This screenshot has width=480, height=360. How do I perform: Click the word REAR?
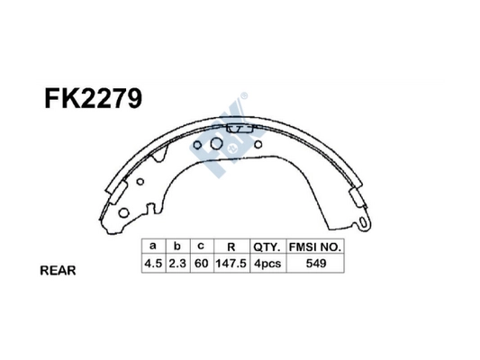click(58, 270)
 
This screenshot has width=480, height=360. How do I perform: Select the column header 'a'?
click(152, 246)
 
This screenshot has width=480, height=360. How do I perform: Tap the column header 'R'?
click(231, 246)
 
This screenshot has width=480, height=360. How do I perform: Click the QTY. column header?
click(267, 246)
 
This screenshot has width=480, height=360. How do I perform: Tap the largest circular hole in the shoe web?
click(217, 144)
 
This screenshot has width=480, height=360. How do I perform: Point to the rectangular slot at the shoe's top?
click(238, 132)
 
